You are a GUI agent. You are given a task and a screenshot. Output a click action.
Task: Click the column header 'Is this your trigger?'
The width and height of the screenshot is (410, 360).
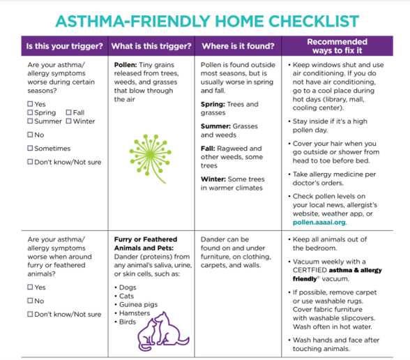64,47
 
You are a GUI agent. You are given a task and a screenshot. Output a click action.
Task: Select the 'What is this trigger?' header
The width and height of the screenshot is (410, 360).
151,47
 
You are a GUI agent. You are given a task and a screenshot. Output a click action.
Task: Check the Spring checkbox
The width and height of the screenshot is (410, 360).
30,113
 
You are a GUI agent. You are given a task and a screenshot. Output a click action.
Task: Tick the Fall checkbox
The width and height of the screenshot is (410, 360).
68,113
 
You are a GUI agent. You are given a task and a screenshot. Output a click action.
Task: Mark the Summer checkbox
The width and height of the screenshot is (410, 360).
30,122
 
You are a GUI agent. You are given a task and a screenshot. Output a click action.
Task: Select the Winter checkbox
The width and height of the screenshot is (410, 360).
68,122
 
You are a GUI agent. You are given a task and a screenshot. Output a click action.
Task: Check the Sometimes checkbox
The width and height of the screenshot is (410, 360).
30,149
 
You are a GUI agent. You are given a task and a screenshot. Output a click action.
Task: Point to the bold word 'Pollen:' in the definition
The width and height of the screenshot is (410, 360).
126,64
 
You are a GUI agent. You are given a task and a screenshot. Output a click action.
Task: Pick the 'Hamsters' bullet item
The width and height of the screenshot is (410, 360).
139,313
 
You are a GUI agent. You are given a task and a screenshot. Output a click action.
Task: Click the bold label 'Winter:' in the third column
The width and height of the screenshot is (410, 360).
213,179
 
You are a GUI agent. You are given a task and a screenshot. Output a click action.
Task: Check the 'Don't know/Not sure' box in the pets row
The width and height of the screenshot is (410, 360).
30,314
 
